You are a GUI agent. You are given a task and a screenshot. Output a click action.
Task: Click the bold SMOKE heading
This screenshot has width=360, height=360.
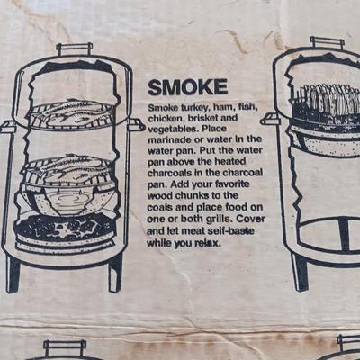click(x=188, y=87)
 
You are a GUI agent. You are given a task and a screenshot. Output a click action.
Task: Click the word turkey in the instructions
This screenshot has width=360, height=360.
click(x=193, y=107)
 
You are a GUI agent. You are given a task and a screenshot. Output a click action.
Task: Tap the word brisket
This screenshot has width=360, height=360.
click(x=202, y=118)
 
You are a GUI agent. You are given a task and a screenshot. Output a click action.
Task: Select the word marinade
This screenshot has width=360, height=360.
click(x=166, y=139)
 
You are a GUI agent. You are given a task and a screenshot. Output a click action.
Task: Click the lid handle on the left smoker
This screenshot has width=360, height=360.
click(x=74, y=49)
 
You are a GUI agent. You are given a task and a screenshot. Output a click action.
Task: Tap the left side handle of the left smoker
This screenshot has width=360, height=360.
click(x=6, y=127)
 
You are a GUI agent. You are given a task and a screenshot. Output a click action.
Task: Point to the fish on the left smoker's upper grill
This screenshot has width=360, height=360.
click(x=72, y=113)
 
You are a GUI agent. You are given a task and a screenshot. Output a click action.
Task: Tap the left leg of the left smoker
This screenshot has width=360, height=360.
click(x=13, y=274)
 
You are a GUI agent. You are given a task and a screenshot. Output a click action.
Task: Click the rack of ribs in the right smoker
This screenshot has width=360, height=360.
click(x=327, y=99)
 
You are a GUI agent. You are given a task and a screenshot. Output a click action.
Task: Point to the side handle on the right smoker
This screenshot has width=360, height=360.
click(x=270, y=119)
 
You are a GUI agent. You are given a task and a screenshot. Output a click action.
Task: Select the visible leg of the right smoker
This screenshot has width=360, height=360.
click(x=300, y=273)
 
